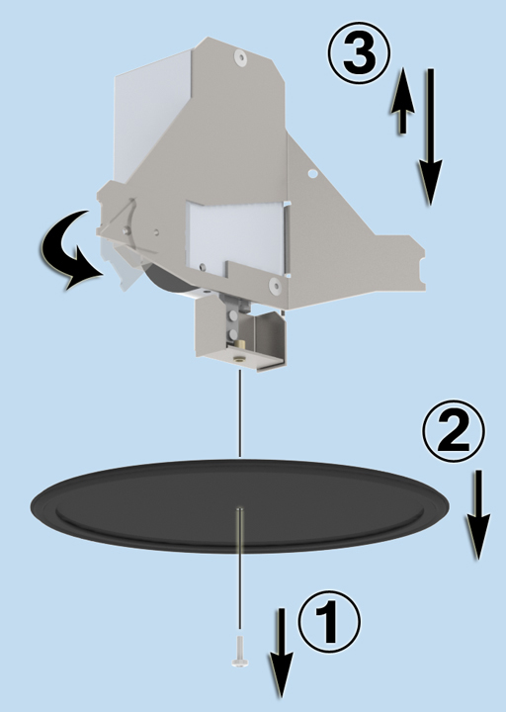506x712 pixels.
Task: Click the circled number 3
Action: point(359,53)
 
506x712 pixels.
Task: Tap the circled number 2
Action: point(454,431)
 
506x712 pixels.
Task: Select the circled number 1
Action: point(329,622)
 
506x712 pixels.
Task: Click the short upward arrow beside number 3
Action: point(402,100)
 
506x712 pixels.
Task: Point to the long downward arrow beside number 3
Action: point(429,137)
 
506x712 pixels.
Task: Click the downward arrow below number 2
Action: point(477,514)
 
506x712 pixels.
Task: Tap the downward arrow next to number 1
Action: point(282,653)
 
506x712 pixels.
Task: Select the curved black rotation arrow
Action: point(68,250)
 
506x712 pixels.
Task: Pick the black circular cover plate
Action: point(240,506)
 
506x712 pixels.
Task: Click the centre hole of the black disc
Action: point(239,510)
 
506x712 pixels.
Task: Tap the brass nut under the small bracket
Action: point(239,359)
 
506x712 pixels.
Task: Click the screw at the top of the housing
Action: point(240,57)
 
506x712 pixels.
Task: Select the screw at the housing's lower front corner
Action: point(275,285)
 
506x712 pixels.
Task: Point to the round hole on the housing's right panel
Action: point(311,173)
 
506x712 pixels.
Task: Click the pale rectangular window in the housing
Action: point(237,236)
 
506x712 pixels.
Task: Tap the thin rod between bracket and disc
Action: point(240,413)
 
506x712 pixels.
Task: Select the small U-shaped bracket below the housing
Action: point(240,334)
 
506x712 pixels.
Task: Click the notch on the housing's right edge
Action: point(423,266)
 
